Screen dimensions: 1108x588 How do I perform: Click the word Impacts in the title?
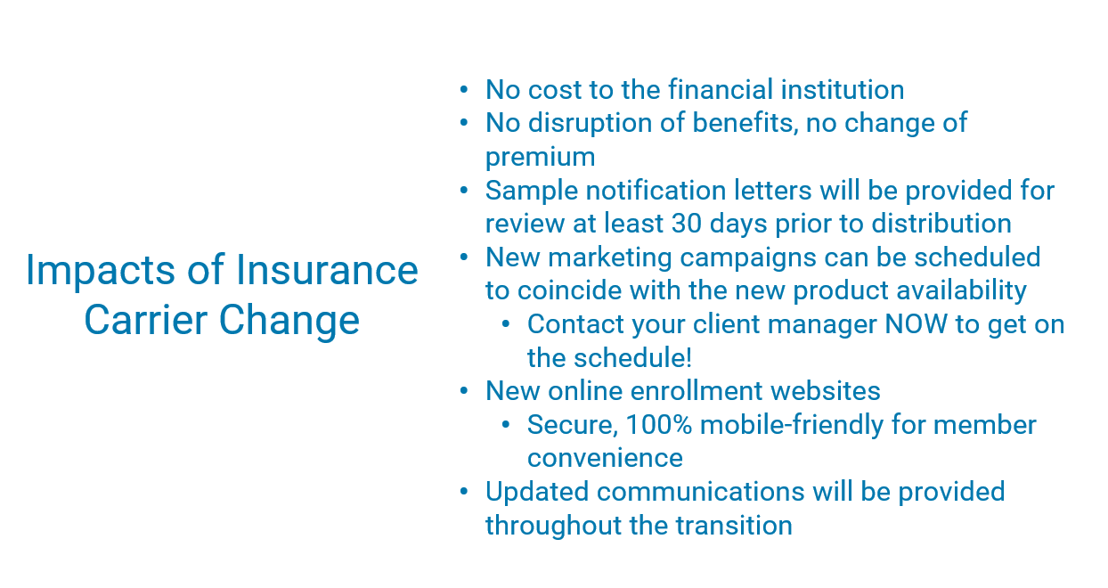tap(101, 271)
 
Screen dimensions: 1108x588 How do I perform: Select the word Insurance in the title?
tap(328, 270)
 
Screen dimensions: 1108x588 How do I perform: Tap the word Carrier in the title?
tap(146, 320)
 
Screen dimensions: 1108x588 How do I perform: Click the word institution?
tap(843, 90)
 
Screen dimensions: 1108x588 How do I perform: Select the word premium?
tap(540, 158)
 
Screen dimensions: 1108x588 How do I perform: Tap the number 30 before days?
tap(687, 224)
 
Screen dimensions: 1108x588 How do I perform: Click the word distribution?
tap(941, 224)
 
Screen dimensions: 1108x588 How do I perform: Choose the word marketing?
tap(610, 258)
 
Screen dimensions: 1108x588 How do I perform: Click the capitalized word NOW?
tap(916, 324)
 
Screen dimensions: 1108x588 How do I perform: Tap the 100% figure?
tap(659, 425)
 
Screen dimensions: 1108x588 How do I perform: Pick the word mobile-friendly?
tap(792, 425)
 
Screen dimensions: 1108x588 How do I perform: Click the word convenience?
tap(605, 458)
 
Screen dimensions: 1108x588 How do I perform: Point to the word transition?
tap(734, 525)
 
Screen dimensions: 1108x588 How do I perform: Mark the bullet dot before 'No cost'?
tap(463, 90)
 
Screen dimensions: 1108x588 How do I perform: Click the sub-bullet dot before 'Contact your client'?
tap(505, 324)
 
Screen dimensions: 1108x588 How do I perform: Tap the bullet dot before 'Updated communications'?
tap(463, 492)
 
